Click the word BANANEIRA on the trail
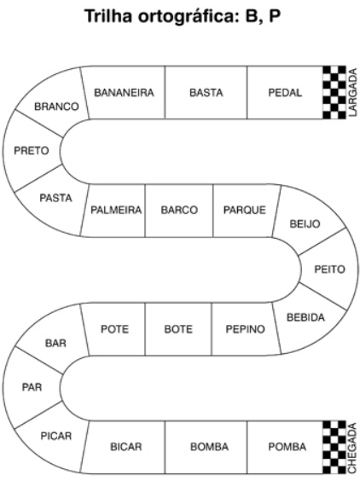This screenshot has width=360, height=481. (x=124, y=93)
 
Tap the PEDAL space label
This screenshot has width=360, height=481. (x=285, y=93)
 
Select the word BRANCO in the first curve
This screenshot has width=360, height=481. (x=56, y=107)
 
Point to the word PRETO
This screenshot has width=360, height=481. (x=32, y=151)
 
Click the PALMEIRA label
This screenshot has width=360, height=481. (x=116, y=210)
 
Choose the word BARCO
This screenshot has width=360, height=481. (x=179, y=210)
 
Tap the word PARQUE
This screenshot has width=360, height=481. (x=245, y=210)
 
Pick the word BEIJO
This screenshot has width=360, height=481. (x=305, y=224)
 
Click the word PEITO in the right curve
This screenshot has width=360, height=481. (x=329, y=269)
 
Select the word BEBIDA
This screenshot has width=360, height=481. (x=305, y=317)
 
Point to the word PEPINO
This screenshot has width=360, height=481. (x=245, y=329)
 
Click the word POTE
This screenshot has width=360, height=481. (x=115, y=329)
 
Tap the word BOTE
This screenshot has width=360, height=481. (x=178, y=329)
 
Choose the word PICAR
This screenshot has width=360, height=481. (x=56, y=436)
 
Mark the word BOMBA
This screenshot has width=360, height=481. (x=209, y=447)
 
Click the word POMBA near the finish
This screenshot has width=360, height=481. (x=287, y=447)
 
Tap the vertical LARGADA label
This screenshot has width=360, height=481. (x=353, y=92)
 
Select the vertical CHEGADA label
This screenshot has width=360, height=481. (x=352, y=448)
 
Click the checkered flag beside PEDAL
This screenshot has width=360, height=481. (x=334, y=92)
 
